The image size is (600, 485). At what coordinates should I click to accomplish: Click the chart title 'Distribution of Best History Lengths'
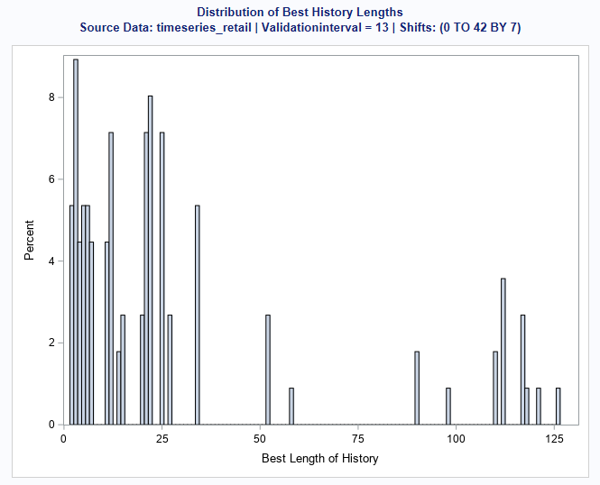(x=300, y=13)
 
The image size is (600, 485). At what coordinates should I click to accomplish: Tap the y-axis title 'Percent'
(x=29, y=240)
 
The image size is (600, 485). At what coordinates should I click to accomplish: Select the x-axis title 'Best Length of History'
(x=319, y=458)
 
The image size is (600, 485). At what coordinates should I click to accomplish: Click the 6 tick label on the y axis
(x=51, y=179)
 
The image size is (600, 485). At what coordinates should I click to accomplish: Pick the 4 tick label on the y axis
(x=51, y=261)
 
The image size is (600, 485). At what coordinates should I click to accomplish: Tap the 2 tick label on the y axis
(x=51, y=343)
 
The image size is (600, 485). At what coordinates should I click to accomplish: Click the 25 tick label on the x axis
(x=161, y=439)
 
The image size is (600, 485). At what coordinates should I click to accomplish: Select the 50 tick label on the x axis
(x=259, y=439)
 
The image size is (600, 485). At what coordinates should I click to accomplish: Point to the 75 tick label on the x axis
(x=357, y=439)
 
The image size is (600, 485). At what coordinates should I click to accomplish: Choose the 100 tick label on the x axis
(x=456, y=439)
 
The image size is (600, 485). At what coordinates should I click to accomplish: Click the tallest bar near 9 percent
(x=76, y=243)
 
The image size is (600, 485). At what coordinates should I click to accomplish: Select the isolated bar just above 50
(x=268, y=370)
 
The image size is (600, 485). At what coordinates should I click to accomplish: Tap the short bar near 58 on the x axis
(x=291, y=407)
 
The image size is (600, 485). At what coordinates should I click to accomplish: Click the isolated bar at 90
(x=417, y=389)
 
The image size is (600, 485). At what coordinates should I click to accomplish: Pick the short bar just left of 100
(x=448, y=407)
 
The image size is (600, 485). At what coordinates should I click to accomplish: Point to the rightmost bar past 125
(x=558, y=407)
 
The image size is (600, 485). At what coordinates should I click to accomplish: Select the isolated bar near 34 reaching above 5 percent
(x=197, y=316)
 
